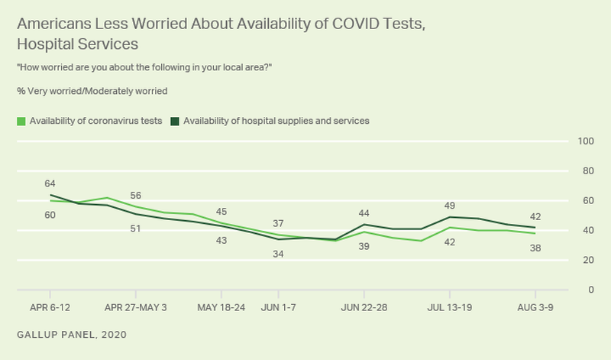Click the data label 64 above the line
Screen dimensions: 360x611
pos(50,183)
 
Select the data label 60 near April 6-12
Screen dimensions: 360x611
pos(50,215)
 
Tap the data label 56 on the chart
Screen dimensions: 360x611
pos(135,195)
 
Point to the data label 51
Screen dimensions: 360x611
pos(135,228)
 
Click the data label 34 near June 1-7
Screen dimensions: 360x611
pos(278,254)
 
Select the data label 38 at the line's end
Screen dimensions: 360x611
pos(535,248)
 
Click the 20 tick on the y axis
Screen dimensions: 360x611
pos(589,260)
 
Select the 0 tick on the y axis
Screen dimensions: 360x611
pos(591,290)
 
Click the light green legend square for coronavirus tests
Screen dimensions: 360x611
pos(21,121)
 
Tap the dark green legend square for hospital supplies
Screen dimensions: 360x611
pos(175,121)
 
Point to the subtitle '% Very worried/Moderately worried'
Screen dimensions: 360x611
pos(92,90)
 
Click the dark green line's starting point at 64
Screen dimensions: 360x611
pos(50,195)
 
